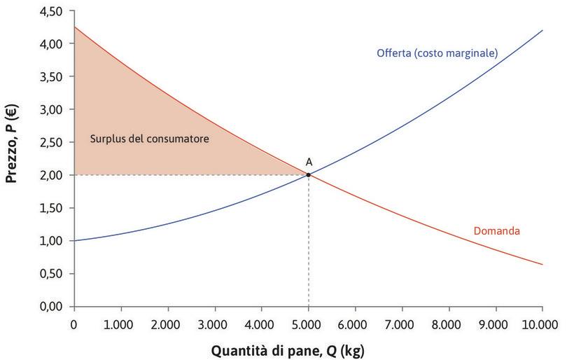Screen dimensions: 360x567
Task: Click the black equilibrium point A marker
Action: tap(308, 175)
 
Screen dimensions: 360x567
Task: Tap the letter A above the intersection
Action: tap(308, 162)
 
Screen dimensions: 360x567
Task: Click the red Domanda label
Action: tap(496, 230)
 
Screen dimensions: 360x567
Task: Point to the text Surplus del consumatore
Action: tap(150, 139)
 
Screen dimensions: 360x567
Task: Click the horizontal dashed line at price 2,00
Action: tap(189, 175)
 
